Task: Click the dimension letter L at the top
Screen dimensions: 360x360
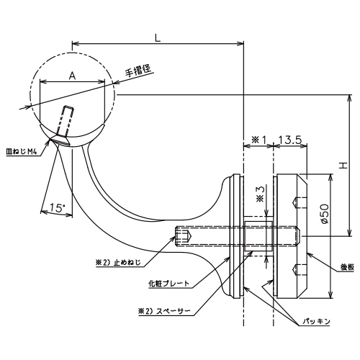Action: coord(158,37)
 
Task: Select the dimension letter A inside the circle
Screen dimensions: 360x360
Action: coord(72,76)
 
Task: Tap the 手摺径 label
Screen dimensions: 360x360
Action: coord(138,71)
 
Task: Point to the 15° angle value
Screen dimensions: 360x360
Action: coord(58,207)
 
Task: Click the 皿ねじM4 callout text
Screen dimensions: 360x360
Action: coord(22,152)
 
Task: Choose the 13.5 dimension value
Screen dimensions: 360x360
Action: coord(290,140)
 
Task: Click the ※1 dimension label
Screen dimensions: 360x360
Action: coord(258,140)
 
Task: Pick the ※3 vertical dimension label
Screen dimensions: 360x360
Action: coord(260,194)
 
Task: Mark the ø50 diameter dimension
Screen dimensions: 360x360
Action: coord(324,214)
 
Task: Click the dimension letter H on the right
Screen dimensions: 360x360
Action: coord(343,165)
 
